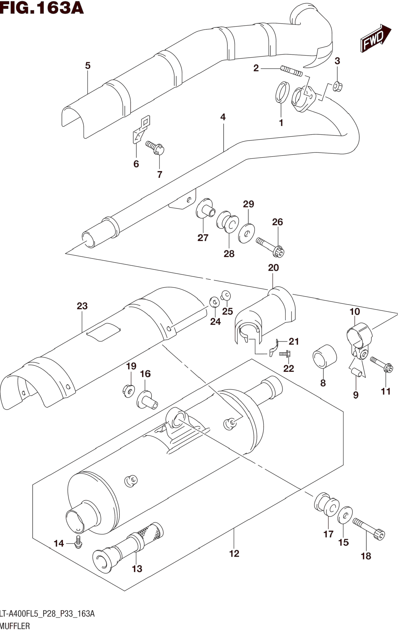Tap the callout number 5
point(88,65)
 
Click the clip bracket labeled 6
point(141,129)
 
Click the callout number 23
point(82,306)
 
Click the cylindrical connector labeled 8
point(325,357)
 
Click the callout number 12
point(234,554)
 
